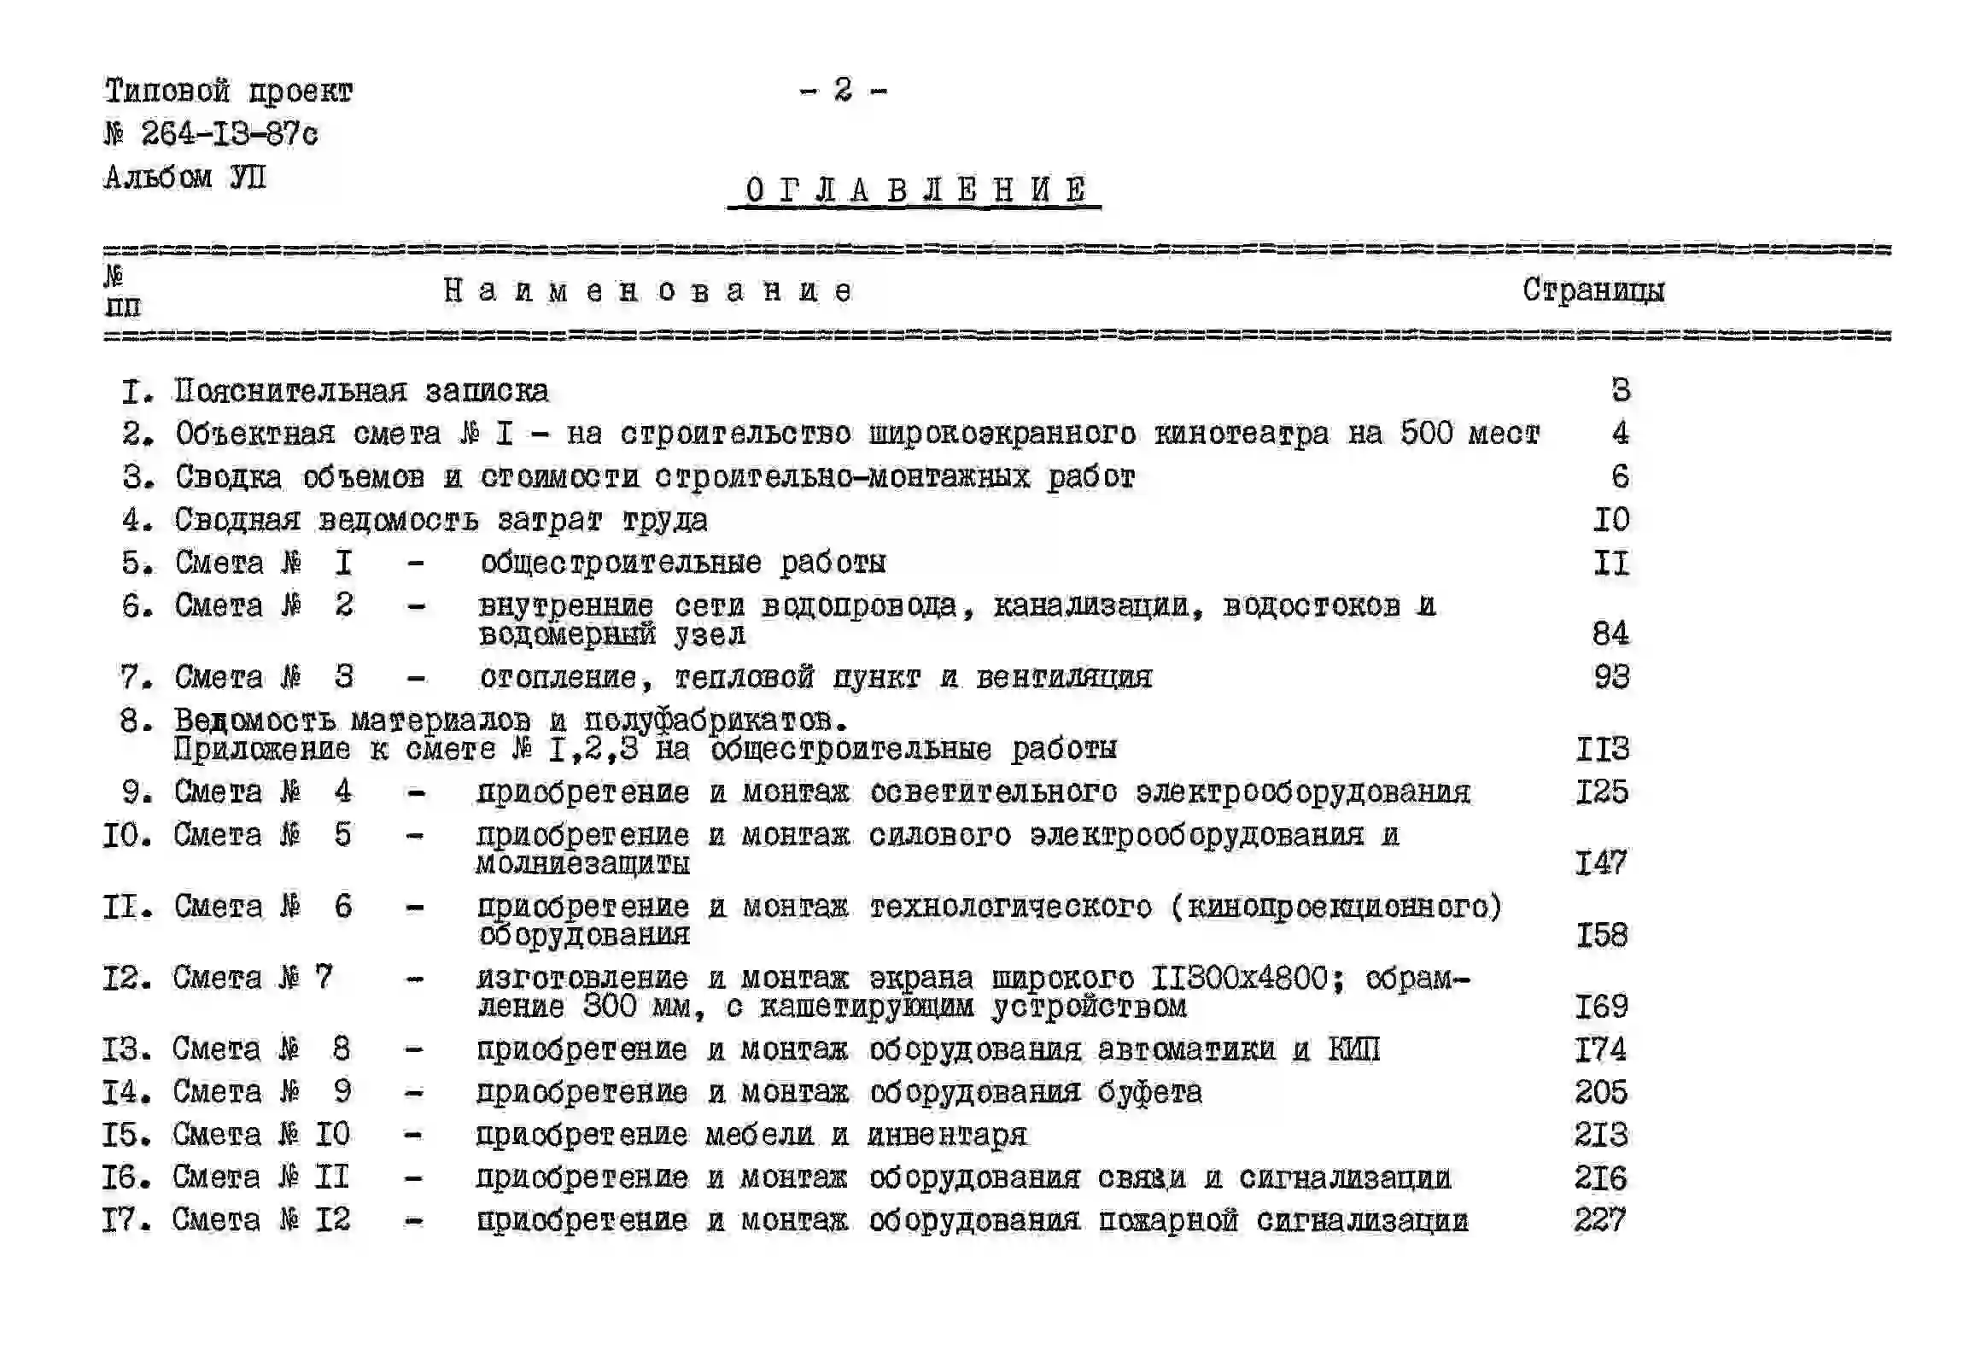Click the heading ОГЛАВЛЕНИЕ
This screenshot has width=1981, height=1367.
[915, 190]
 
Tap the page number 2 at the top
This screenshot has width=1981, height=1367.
[843, 89]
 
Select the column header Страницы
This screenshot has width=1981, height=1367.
[1593, 290]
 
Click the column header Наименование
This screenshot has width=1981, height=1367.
[647, 291]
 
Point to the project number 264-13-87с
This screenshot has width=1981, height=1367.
[229, 133]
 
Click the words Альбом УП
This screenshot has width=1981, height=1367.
[185, 177]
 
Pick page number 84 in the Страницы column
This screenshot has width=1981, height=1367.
[1610, 633]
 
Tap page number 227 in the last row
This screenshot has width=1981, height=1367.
[1600, 1219]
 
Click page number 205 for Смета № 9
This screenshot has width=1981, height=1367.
[1601, 1091]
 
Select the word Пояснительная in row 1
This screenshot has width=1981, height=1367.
[290, 390]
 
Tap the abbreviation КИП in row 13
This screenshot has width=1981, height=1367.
[1353, 1049]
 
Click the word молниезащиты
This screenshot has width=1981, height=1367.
[582, 863]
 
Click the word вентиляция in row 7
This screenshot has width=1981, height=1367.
[1064, 677]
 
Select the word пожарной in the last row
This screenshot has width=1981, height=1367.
[1168, 1220]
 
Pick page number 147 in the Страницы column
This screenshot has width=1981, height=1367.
[1601, 862]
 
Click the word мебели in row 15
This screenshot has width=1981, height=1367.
[759, 1135]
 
